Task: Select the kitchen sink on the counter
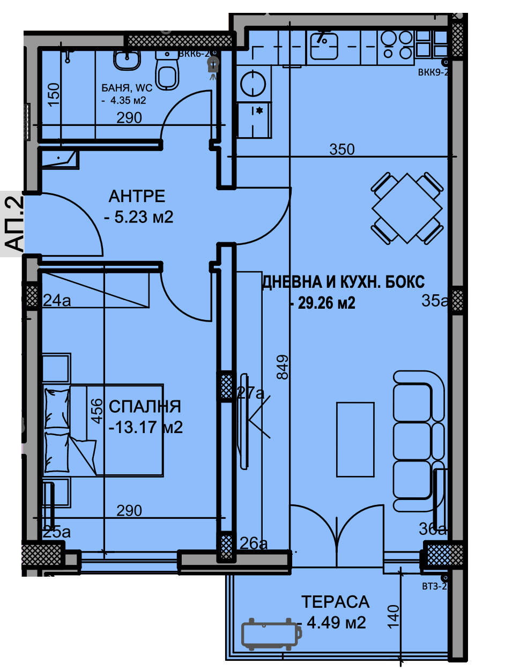click(x=323, y=45)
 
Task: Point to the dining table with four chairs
click(x=407, y=208)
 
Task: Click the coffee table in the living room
click(x=355, y=439)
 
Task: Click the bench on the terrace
click(x=270, y=634)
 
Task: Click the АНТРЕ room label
click(x=137, y=196)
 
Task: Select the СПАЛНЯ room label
click(x=145, y=407)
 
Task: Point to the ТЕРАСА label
click(x=335, y=602)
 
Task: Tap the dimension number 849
click(x=283, y=367)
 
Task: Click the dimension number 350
click(x=342, y=150)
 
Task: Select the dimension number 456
click(x=96, y=412)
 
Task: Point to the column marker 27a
click(x=251, y=393)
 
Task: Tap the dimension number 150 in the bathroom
click(x=54, y=95)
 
